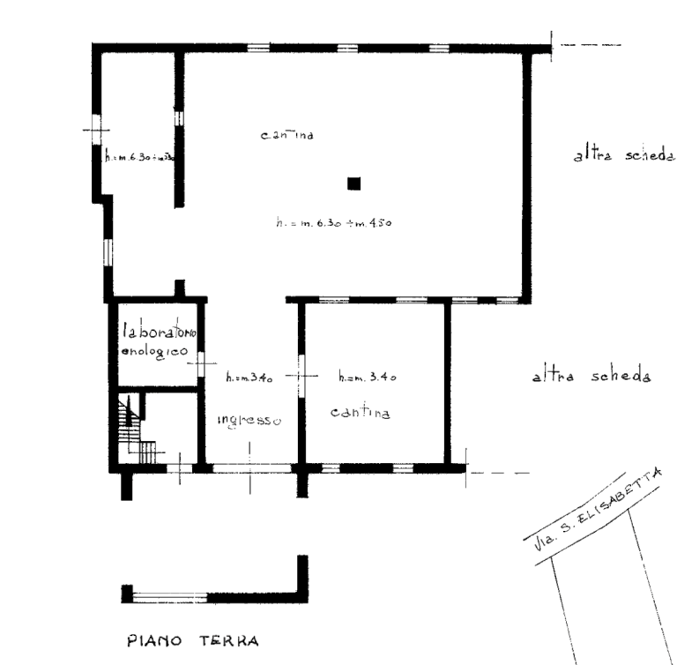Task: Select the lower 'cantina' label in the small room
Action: click(361, 413)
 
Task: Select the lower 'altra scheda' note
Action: click(591, 377)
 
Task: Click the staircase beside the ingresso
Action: click(135, 425)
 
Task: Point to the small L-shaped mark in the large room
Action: click(353, 184)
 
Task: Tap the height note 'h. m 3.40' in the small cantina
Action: click(369, 378)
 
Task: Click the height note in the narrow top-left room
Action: click(138, 160)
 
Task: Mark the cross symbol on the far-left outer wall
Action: click(95, 131)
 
